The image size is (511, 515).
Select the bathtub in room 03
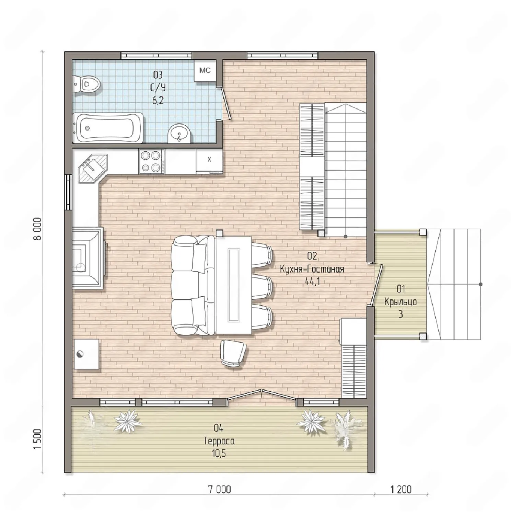tap(108, 128)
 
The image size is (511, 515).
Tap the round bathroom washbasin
tap(179, 133)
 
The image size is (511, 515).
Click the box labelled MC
tap(205, 71)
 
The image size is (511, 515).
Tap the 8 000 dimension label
tap(37, 229)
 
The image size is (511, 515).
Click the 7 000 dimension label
tap(220, 489)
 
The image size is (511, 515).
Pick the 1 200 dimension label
tap(401, 489)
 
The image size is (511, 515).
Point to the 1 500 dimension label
tap(37, 439)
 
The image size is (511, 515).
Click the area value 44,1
tap(312, 282)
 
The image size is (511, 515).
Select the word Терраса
tap(219, 441)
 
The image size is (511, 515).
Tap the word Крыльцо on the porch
tap(400, 302)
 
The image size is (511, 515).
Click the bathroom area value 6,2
tap(158, 100)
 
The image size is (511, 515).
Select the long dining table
tap(234, 285)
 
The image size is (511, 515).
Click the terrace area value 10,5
tap(219, 454)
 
